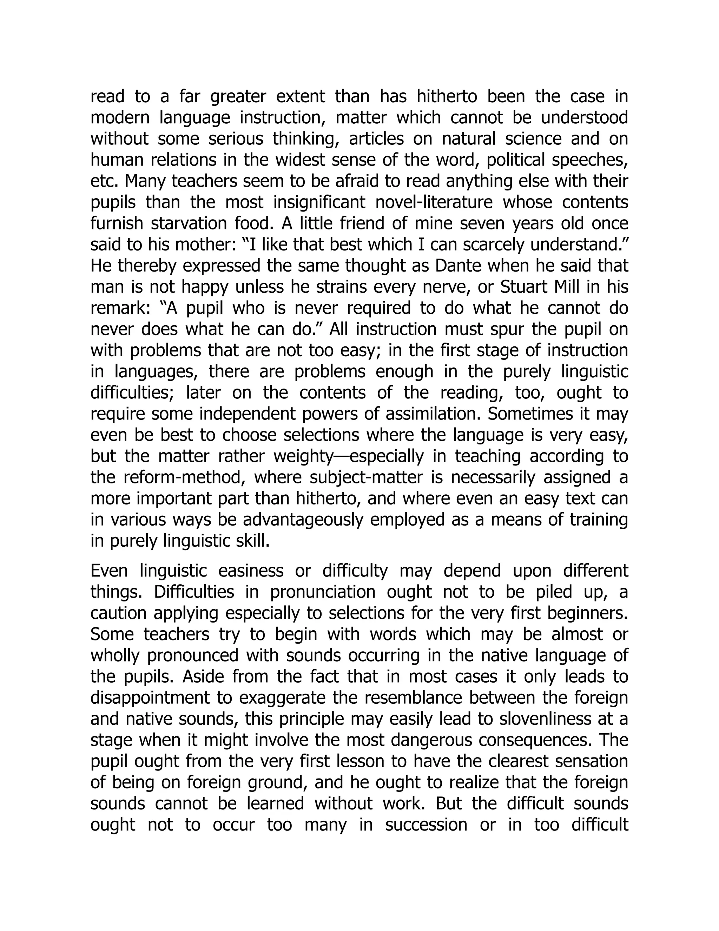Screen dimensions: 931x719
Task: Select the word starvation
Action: pos(191,223)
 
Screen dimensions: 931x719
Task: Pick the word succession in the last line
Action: pos(427,825)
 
